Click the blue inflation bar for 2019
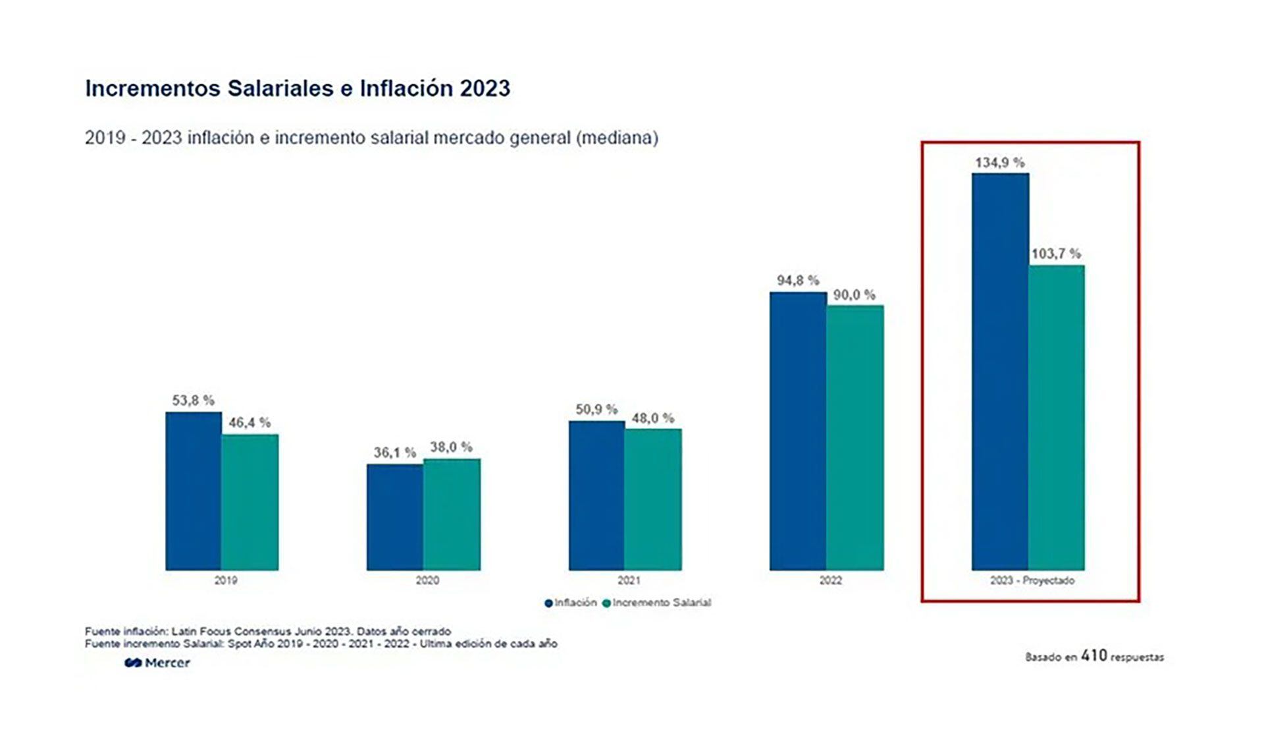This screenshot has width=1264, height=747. pyautogui.click(x=194, y=491)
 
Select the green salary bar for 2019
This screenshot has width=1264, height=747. pyautogui.click(x=250, y=502)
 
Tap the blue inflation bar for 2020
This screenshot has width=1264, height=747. pyautogui.click(x=395, y=517)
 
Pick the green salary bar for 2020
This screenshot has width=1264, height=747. pyautogui.click(x=452, y=514)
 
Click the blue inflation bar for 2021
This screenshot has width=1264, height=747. pyautogui.click(x=597, y=495)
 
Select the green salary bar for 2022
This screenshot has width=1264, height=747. pyautogui.click(x=855, y=437)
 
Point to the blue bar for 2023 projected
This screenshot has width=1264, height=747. pyautogui.click(x=1000, y=372)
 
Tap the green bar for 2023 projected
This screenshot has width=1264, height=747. pyautogui.click(x=1057, y=418)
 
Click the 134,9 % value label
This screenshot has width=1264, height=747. pyautogui.click(x=1000, y=162)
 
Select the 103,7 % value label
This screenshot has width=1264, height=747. pyautogui.click(x=1056, y=254)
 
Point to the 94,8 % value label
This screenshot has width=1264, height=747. pyautogui.click(x=798, y=281)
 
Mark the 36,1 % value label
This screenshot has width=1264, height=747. pyautogui.click(x=395, y=453)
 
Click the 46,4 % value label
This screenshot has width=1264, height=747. pyautogui.click(x=250, y=423)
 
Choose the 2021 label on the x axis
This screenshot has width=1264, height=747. pyautogui.click(x=629, y=580)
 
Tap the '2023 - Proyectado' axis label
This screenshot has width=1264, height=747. pyautogui.click(x=1032, y=580)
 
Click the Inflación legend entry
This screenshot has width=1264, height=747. pyautogui.click(x=571, y=603)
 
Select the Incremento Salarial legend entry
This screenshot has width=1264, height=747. pyautogui.click(x=657, y=603)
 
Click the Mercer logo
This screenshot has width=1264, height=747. pyautogui.click(x=157, y=663)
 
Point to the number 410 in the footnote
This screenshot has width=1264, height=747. pyautogui.click(x=1094, y=655)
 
